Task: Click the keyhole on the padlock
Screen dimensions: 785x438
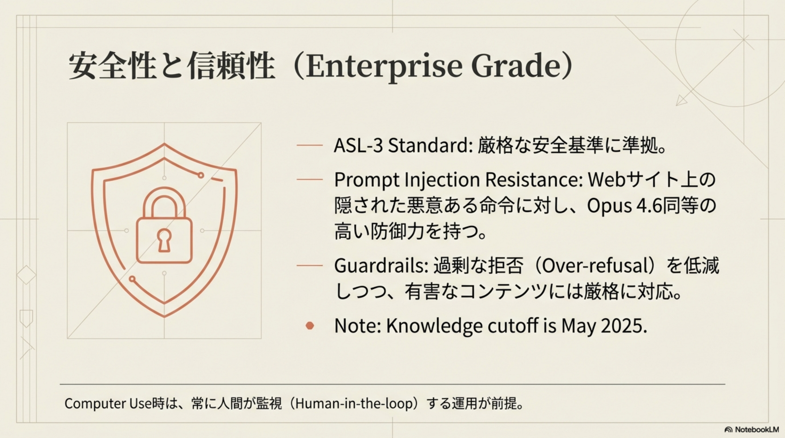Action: point(164,240)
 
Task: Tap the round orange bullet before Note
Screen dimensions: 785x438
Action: point(310,326)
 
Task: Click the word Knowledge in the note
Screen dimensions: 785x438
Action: point(434,326)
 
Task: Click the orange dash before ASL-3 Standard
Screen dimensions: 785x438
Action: point(309,146)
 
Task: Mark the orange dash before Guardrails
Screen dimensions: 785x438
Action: point(309,265)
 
